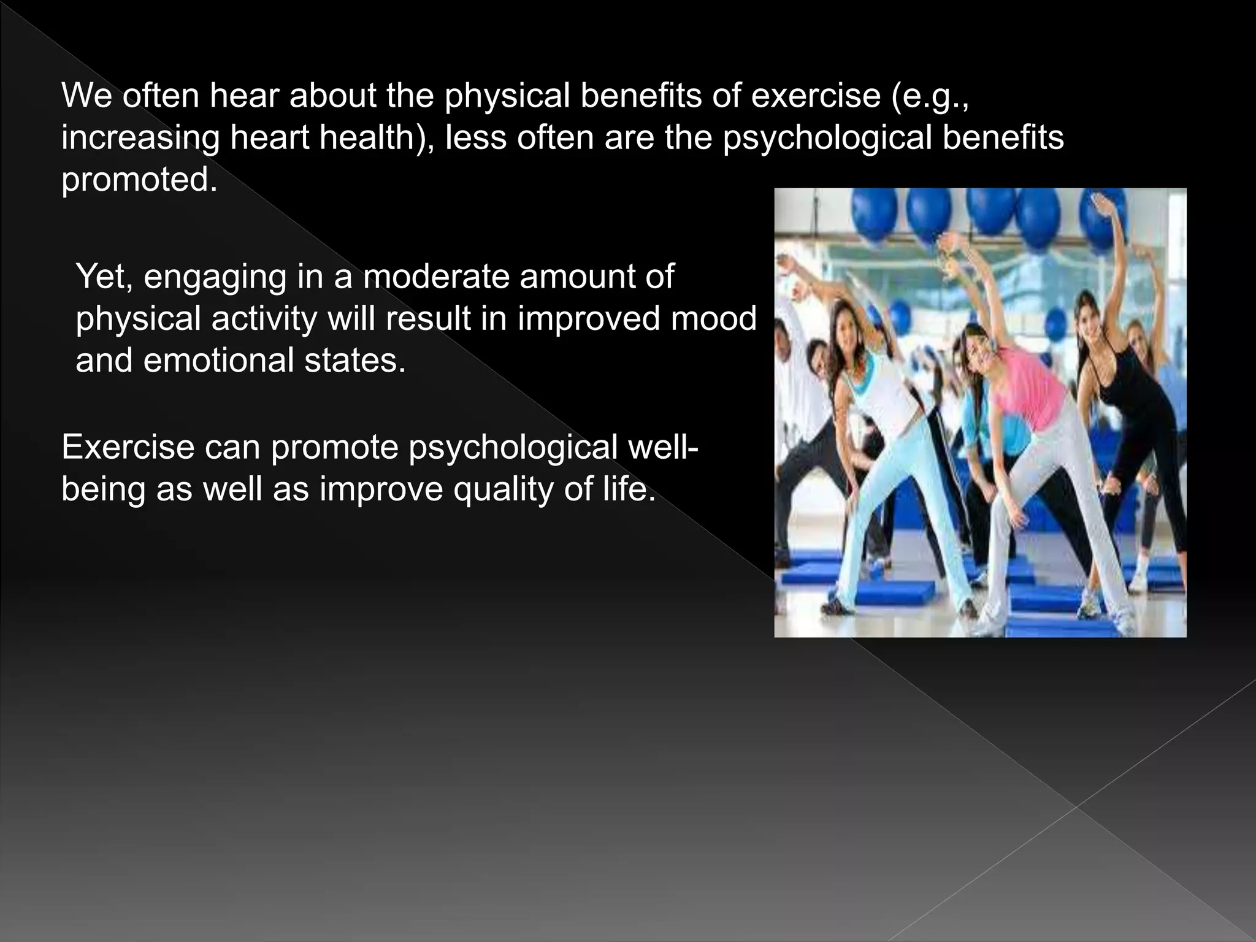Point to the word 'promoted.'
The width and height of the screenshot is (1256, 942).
pyautogui.click(x=139, y=180)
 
